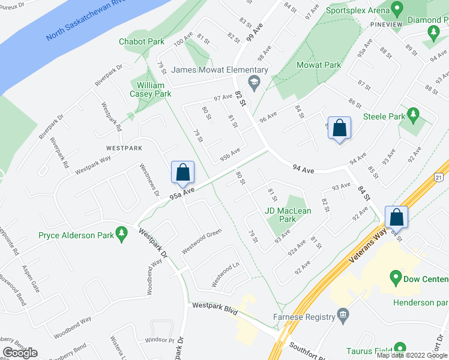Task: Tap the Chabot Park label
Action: click(x=142, y=42)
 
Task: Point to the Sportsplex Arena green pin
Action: click(x=396, y=10)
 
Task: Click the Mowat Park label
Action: click(x=319, y=65)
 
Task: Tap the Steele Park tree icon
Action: click(x=412, y=113)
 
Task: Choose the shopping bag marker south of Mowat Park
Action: click(x=339, y=128)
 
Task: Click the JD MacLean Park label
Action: click(x=288, y=215)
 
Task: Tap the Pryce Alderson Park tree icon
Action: click(x=122, y=232)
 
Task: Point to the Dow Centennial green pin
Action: click(x=395, y=278)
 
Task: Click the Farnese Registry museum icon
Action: click(x=343, y=313)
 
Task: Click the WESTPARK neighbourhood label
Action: click(x=124, y=147)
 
